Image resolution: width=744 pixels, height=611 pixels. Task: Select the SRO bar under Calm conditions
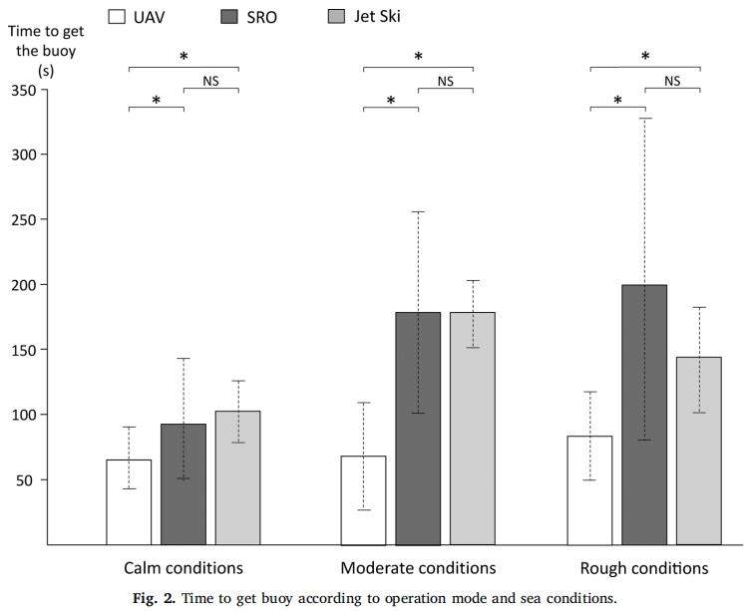point(184,484)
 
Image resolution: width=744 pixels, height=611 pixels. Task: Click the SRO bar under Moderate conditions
point(418,429)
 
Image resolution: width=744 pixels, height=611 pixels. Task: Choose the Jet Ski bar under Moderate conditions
point(473,429)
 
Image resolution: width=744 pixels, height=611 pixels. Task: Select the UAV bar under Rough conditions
point(590,489)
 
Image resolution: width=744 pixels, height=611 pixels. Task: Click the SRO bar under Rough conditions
point(644,415)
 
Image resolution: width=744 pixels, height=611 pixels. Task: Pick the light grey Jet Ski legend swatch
point(339,17)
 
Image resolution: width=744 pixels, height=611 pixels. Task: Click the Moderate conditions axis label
point(418,569)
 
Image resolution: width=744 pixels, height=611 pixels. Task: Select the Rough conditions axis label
point(644,569)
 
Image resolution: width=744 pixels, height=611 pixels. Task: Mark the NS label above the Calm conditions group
point(210,81)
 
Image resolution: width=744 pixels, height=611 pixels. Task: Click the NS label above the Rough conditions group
point(672,81)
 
